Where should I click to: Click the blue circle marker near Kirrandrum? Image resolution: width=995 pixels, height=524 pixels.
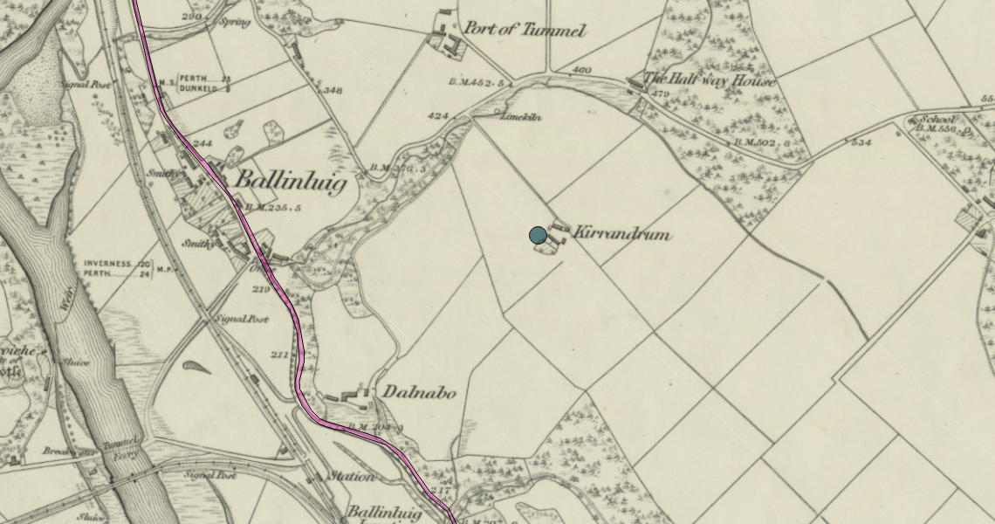(x=538, y=235)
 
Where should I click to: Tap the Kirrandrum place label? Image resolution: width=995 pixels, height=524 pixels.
(x=621, y=234)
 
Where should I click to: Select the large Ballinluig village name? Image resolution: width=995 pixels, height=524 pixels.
(x=292, y=182)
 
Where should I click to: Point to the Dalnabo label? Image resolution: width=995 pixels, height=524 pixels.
(x=418, y=393)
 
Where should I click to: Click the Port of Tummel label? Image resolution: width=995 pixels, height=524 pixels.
(x=523, y=30)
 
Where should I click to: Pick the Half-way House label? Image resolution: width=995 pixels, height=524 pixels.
(x=709, y=81)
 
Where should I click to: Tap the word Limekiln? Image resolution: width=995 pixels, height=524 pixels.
(x=521, y=116)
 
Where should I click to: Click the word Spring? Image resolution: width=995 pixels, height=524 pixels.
(x=236, y=22)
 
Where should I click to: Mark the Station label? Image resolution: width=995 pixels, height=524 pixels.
(x=351, y=477)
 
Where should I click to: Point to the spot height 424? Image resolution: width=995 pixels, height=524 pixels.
(x=438, y=115)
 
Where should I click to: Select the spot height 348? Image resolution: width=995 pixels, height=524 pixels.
(x=333, y=91)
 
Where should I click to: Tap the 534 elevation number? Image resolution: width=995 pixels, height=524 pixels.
(x=861, y=142)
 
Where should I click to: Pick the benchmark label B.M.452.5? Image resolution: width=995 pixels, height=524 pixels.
(x=477, y=82)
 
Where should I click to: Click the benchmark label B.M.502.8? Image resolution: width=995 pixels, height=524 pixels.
(x=761, y=142)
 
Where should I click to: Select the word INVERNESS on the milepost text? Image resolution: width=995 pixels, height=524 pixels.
(x=109, y=263)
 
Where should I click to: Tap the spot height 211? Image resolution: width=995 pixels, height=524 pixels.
(x=278, y=355)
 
